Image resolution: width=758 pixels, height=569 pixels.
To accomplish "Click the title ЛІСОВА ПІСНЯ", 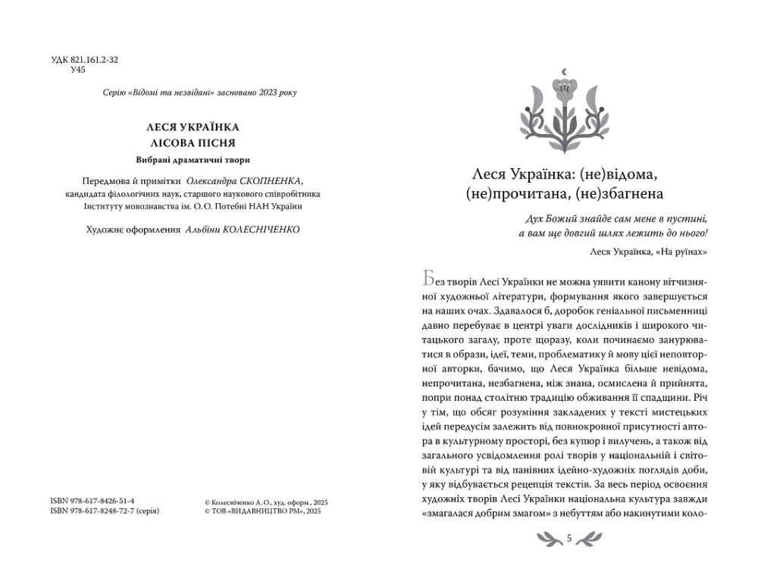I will point(193,142).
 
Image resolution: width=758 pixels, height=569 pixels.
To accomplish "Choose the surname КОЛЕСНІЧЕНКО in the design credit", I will point(263,229).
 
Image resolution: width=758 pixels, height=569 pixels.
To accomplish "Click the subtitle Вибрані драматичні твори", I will point(193,160).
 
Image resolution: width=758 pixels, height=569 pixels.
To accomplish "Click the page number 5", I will point(568,539).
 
